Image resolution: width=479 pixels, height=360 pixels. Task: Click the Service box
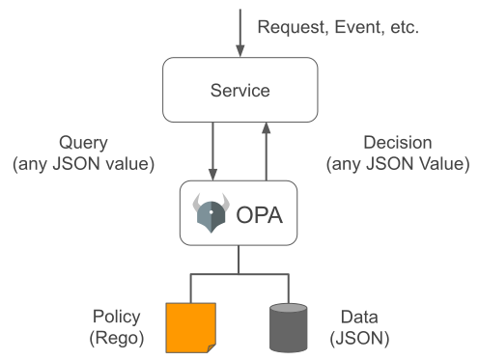click(x=239, y=90)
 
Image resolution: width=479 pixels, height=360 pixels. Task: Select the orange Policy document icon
click(x=190, y=326)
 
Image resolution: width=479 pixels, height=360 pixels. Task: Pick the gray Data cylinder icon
click(x=288, y=326)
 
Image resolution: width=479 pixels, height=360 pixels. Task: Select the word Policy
click(x=116, y=317)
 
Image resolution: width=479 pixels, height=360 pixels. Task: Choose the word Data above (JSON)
click(x=358, y=317)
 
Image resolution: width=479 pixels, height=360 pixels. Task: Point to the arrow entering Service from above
click(x=239, y=34)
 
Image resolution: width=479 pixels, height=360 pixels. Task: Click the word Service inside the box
click(x=239, y=90)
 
